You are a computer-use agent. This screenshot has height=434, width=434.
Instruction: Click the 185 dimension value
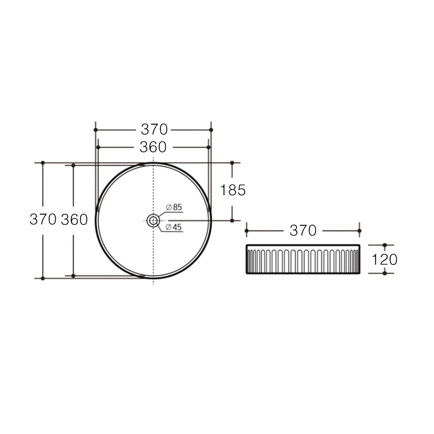point(233,190)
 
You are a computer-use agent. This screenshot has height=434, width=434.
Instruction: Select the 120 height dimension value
point(384,260)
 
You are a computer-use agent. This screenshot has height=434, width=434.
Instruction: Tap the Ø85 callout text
point(174,207)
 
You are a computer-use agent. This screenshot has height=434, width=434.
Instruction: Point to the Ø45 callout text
point(174,227)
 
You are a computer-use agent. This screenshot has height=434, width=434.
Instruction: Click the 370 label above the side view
point(303,231)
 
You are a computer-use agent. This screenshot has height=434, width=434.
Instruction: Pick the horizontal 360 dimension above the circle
point(153,147)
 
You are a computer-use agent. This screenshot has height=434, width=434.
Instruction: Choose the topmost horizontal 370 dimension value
point(154,129)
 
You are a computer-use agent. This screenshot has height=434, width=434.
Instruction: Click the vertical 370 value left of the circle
point(43,219)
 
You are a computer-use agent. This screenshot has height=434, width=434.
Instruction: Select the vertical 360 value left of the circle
point(74,219)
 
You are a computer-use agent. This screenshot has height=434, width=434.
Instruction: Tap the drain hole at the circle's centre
point(153,220)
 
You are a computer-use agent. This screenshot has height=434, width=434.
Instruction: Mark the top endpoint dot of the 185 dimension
point(232,163)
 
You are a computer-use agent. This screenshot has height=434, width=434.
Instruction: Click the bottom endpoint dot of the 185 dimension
point(232,220)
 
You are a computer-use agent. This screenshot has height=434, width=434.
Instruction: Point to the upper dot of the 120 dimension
point(385,245)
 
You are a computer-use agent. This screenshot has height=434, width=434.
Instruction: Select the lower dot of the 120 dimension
point(385,273)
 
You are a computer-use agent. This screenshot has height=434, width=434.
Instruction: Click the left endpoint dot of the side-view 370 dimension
point(247,231)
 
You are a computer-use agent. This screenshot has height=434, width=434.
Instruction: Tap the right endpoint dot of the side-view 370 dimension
point(359,231)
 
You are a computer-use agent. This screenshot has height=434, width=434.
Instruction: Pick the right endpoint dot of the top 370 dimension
point(211,130)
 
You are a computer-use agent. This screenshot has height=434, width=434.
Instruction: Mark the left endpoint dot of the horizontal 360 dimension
point(98,147)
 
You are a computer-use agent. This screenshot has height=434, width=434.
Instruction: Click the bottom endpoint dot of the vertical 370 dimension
point(43,278)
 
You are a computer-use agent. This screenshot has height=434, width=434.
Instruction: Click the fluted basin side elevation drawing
point(303,260)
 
